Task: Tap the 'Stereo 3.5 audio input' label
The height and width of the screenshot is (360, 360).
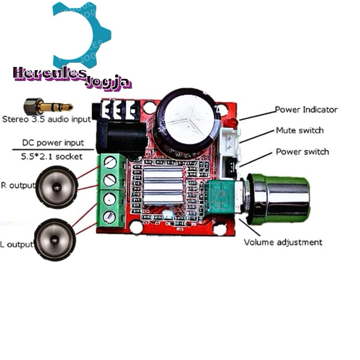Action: [46, 119]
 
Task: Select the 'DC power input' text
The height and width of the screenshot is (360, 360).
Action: [53, 143]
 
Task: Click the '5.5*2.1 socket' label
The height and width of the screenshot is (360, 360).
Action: [52, 157]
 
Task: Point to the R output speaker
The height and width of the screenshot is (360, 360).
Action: [57, 187]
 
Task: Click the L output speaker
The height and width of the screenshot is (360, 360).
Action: [54, 239]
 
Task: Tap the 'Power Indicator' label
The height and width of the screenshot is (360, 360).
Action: [306, 109]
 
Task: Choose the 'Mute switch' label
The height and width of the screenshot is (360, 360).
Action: [299, 130]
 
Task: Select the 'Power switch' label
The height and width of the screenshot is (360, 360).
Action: [302, 152]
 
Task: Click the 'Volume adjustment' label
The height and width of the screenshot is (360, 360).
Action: [283, 242]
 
